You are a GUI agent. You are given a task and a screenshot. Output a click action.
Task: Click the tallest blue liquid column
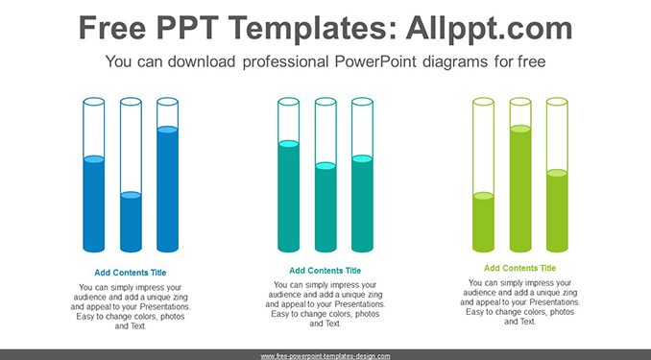[168, 189]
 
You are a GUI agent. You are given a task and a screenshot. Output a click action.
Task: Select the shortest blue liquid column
[131, 222]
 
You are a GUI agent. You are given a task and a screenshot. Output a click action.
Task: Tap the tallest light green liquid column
[520, 188]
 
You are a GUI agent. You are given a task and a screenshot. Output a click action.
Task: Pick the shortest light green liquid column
[483, 222]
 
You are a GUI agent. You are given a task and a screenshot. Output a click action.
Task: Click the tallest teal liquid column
[289, 196]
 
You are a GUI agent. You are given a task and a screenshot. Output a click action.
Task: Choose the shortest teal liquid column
[325, 207]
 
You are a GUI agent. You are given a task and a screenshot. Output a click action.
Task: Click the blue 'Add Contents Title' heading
[131, 273]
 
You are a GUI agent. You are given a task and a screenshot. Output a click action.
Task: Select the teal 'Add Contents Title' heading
[325, 271]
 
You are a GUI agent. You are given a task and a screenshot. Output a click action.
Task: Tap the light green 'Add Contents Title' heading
[519, 268]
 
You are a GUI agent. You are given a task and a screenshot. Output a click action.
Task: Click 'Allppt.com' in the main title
[489, 28]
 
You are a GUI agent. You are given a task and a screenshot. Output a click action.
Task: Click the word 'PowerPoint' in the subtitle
[375, 61]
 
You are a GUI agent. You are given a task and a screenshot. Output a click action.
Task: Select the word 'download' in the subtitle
[202, 61]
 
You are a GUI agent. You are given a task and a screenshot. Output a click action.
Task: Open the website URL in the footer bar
[325, 356]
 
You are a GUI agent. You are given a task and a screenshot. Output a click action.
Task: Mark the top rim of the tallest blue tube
[168, 102]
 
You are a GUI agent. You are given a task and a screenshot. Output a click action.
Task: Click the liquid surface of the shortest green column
[483, 196]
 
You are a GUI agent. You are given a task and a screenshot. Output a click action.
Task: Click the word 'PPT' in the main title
[187, 28]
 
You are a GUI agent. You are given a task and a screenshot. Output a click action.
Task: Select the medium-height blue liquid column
[94, 204]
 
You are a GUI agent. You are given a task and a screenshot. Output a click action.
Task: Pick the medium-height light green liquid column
[557, 210]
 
